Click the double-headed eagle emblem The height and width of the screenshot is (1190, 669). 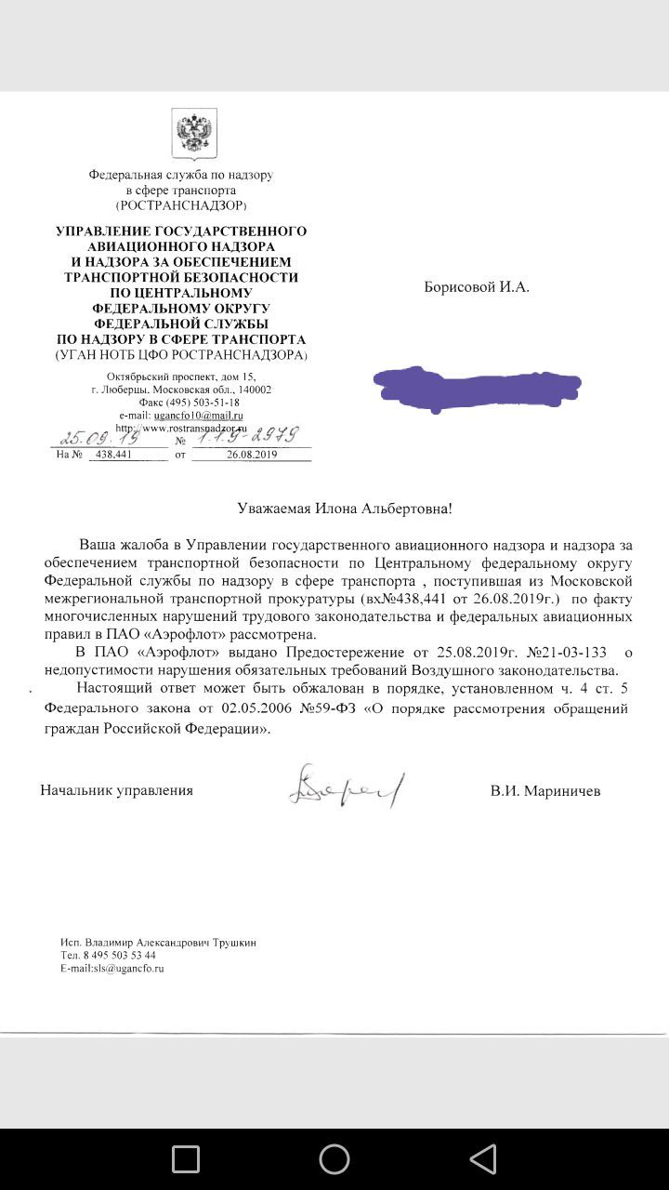(193, 133)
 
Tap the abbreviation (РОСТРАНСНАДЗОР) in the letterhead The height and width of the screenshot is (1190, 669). (180, 205)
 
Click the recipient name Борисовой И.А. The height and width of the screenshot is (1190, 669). (477, 287)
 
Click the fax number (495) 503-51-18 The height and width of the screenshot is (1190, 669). (203, 403)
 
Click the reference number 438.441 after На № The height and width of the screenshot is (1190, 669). (111, 455)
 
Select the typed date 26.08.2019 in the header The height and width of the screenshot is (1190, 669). (252, 455)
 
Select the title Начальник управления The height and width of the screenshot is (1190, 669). (117, 790)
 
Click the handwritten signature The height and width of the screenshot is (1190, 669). (347, 787)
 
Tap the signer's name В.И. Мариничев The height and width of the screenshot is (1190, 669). (545, 791)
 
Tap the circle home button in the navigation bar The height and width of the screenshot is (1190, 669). (334, 1158)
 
